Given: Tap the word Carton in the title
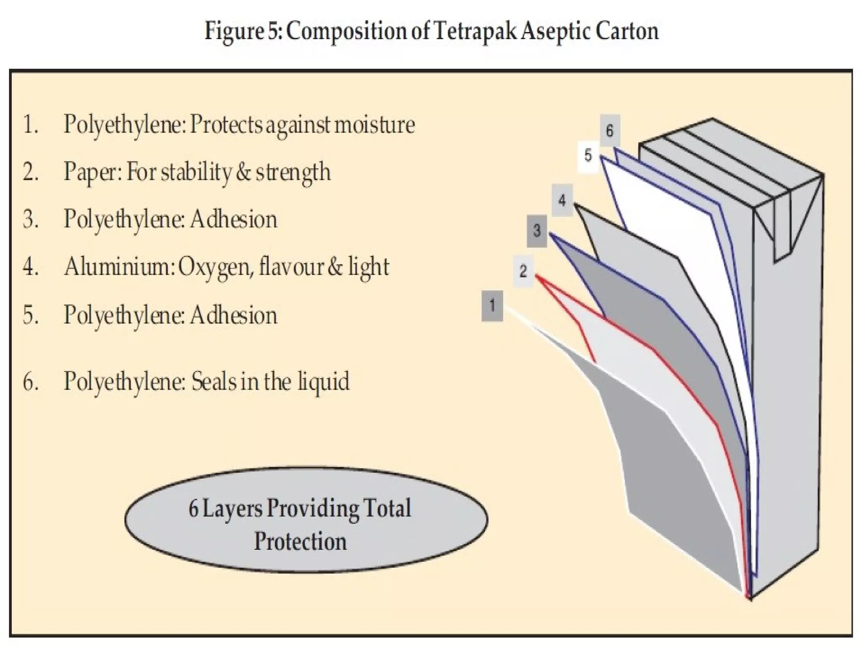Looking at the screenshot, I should tap(627, 32).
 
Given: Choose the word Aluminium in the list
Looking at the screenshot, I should tap(118, 267).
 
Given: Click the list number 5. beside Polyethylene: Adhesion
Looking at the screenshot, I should tap(31, 315).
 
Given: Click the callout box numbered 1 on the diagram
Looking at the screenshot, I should tap(492, 305).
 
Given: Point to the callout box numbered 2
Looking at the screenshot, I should tap(523, 271).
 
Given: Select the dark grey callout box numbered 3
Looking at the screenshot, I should tap(537, 231).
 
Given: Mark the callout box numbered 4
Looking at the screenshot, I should tap(562, 201).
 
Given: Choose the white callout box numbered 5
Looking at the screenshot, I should tap(588, 156).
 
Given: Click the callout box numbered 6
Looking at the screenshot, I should tap(610, 131).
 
